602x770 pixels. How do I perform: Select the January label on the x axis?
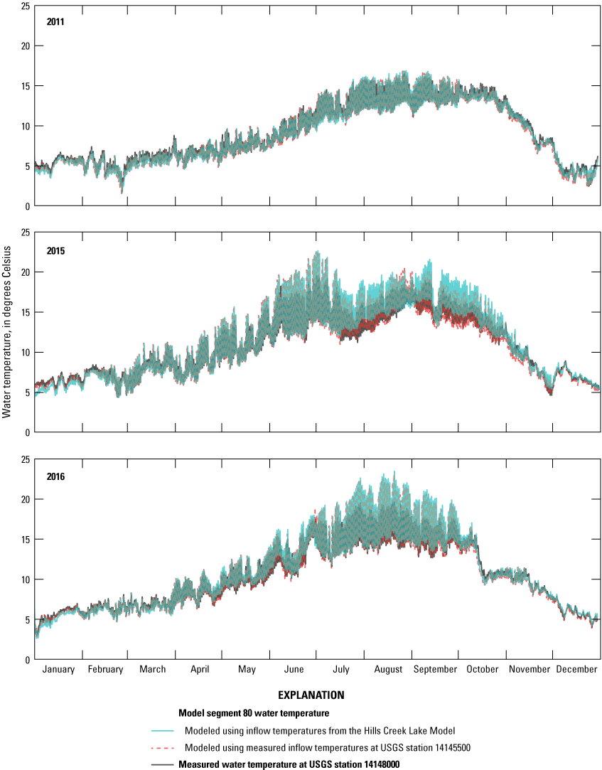(59, 669)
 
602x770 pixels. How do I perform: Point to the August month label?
(388, 669)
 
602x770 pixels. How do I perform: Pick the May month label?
(247, 669)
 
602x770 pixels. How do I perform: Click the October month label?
(483, 669)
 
